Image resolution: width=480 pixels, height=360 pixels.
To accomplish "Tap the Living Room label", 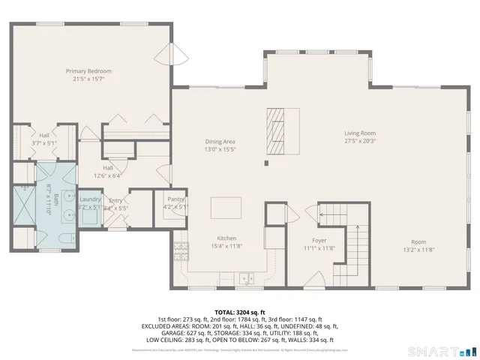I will (359, 136).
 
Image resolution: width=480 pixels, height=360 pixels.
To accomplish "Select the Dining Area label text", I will (220, 145).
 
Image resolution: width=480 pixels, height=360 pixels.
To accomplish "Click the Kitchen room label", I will (226, 241).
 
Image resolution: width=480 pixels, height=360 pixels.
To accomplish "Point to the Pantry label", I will (175, 203).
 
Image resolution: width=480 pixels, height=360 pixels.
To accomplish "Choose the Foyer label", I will (319, 244).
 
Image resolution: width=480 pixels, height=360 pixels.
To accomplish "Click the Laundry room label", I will (90, 203).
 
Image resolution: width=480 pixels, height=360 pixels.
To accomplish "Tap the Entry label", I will (115, 204).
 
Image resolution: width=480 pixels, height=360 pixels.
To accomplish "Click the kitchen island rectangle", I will (226, 205).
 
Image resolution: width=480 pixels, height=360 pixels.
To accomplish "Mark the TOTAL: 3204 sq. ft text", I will (239, 311).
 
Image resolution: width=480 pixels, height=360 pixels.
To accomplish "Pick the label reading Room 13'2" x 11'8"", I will (418, 246).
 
